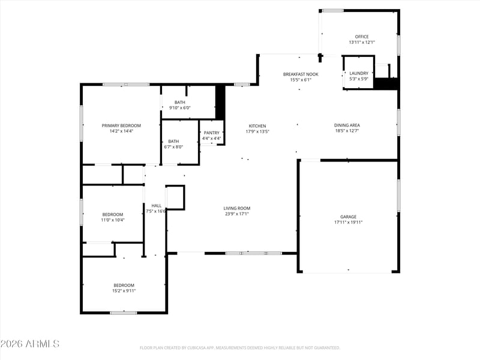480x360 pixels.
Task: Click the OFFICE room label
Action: pos(362,37)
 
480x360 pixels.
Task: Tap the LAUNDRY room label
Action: pos(359,73)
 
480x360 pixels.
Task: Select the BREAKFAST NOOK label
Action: pos(301,74)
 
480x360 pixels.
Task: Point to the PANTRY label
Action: pos(212,133)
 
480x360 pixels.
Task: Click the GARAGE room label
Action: pos(349,217)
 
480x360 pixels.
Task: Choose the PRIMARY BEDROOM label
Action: pos(121,125)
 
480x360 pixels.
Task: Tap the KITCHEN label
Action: pos(257,126)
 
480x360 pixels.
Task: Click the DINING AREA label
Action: pos(347,125)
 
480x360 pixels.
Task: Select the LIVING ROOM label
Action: pos(237,208)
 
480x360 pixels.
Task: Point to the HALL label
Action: pos(157,206)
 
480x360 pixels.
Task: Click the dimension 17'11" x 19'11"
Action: pos(349,223)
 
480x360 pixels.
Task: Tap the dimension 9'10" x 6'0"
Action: pos(180,108)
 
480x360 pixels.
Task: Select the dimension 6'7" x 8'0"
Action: pos(173,147)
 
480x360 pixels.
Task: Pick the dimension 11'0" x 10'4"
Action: pos(113,220)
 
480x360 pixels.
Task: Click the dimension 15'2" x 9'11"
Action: pos(124,291)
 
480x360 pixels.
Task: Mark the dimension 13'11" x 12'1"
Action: pos(362,43)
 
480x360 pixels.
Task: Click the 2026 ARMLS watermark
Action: pos(29,344)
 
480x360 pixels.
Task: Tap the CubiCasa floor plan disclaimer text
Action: pos(240,348)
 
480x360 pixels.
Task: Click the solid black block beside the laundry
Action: pos(386,84)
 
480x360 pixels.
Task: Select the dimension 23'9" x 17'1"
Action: pos(237,214)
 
